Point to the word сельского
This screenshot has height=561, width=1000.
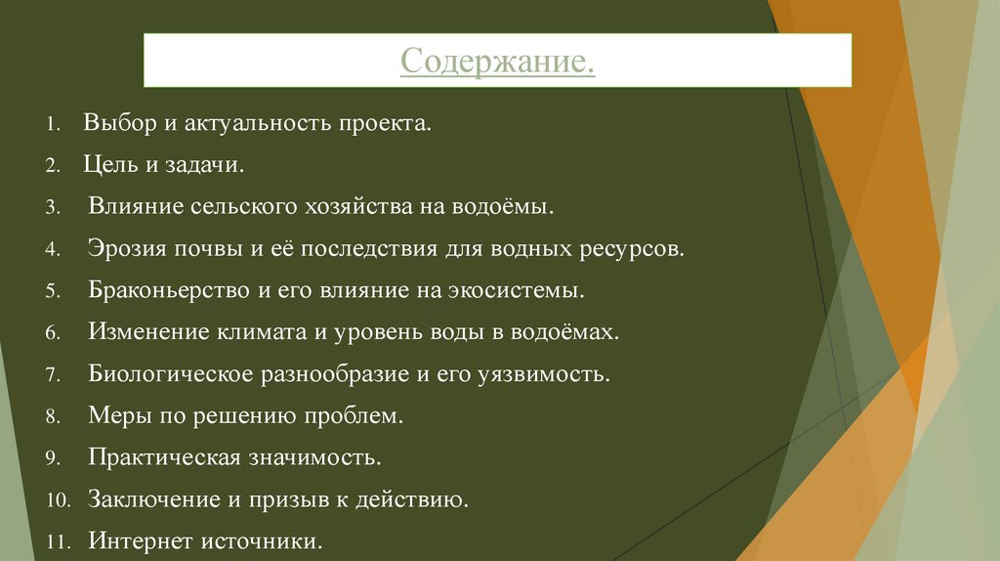click(238, 207)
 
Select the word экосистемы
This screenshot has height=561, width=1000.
click(526, 290)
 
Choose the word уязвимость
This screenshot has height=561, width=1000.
click(541, 374)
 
